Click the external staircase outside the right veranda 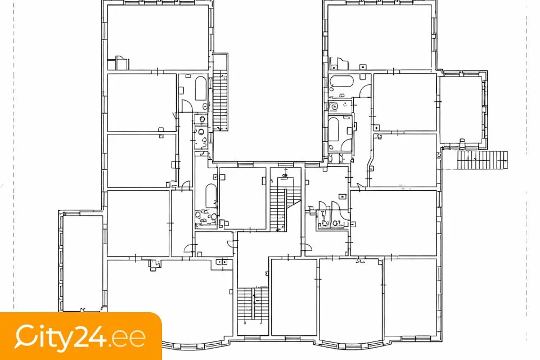(483, 160)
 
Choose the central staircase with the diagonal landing (282, 209)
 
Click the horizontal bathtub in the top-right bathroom (341, 82)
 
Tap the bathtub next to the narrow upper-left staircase (200, 88)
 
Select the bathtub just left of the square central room (211, 196)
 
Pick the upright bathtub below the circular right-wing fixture (334, 129)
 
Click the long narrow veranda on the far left (83, 263)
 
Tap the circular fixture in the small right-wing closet (334, 106)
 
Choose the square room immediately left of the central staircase (242, 199)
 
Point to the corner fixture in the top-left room (121, 62)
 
